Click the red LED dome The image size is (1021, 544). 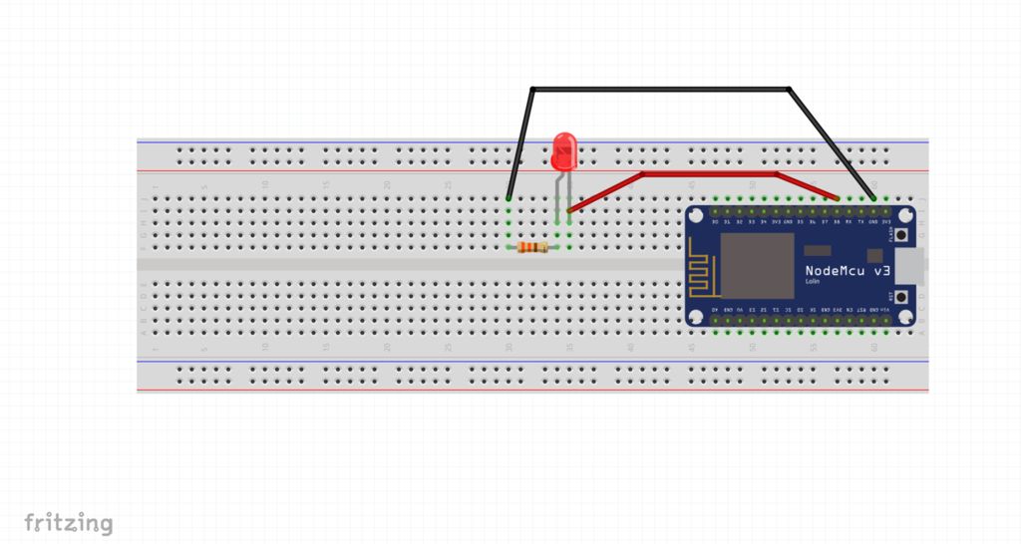tap(564, 151)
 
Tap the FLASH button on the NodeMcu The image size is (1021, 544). tap(900, 235)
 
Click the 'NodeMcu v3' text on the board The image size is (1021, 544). tap(848, 271)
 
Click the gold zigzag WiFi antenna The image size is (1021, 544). tap(702, 275)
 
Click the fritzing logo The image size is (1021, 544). tap(68, 523)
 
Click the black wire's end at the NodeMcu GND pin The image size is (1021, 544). tap(874, 198)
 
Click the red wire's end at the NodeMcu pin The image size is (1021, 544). tap(837, 198)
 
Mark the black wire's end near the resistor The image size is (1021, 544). tap(509, 198)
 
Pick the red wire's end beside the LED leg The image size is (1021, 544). tap(569, 211)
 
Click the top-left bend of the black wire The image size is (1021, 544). tap(532, 90)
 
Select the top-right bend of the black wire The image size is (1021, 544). tap(790, 90)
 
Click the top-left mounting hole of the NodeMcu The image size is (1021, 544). tap(696, 216)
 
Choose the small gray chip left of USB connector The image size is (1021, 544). tap(874, 255)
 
